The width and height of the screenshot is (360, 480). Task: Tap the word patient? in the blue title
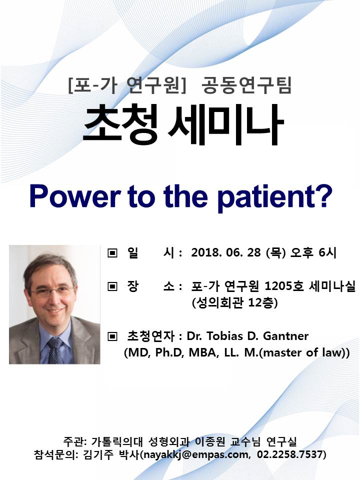[274, 198]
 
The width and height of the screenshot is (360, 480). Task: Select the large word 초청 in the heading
[120, 123]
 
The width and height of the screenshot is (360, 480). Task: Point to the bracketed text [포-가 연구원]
[127, 85]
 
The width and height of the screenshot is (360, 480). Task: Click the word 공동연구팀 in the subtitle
[246, 85]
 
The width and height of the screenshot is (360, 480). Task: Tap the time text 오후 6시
[313, 252]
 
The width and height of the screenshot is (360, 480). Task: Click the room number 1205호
[284, 286]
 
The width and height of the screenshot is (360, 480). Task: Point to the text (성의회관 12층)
[235, 303]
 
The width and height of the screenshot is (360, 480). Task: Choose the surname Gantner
[286, 336]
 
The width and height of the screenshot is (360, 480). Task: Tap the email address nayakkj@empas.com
[196, 454]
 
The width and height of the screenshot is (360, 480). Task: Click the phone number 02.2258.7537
[289, 454]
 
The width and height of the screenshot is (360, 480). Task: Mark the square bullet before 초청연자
[112, 336]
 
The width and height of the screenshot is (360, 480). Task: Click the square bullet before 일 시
[112, 253]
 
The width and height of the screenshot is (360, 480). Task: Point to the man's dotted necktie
[54, 350]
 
